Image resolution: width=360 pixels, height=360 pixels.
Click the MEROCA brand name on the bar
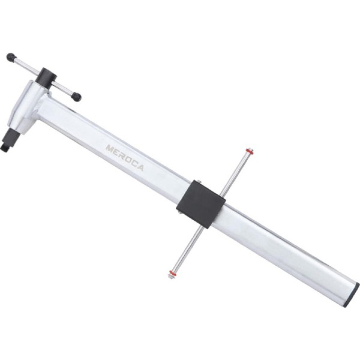coord(124,158)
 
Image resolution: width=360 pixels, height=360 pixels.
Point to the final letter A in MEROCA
coord(140,168)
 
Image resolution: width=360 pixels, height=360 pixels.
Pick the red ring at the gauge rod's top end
coord(249,151)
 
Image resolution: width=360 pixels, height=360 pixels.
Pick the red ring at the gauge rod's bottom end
coord(172,273)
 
